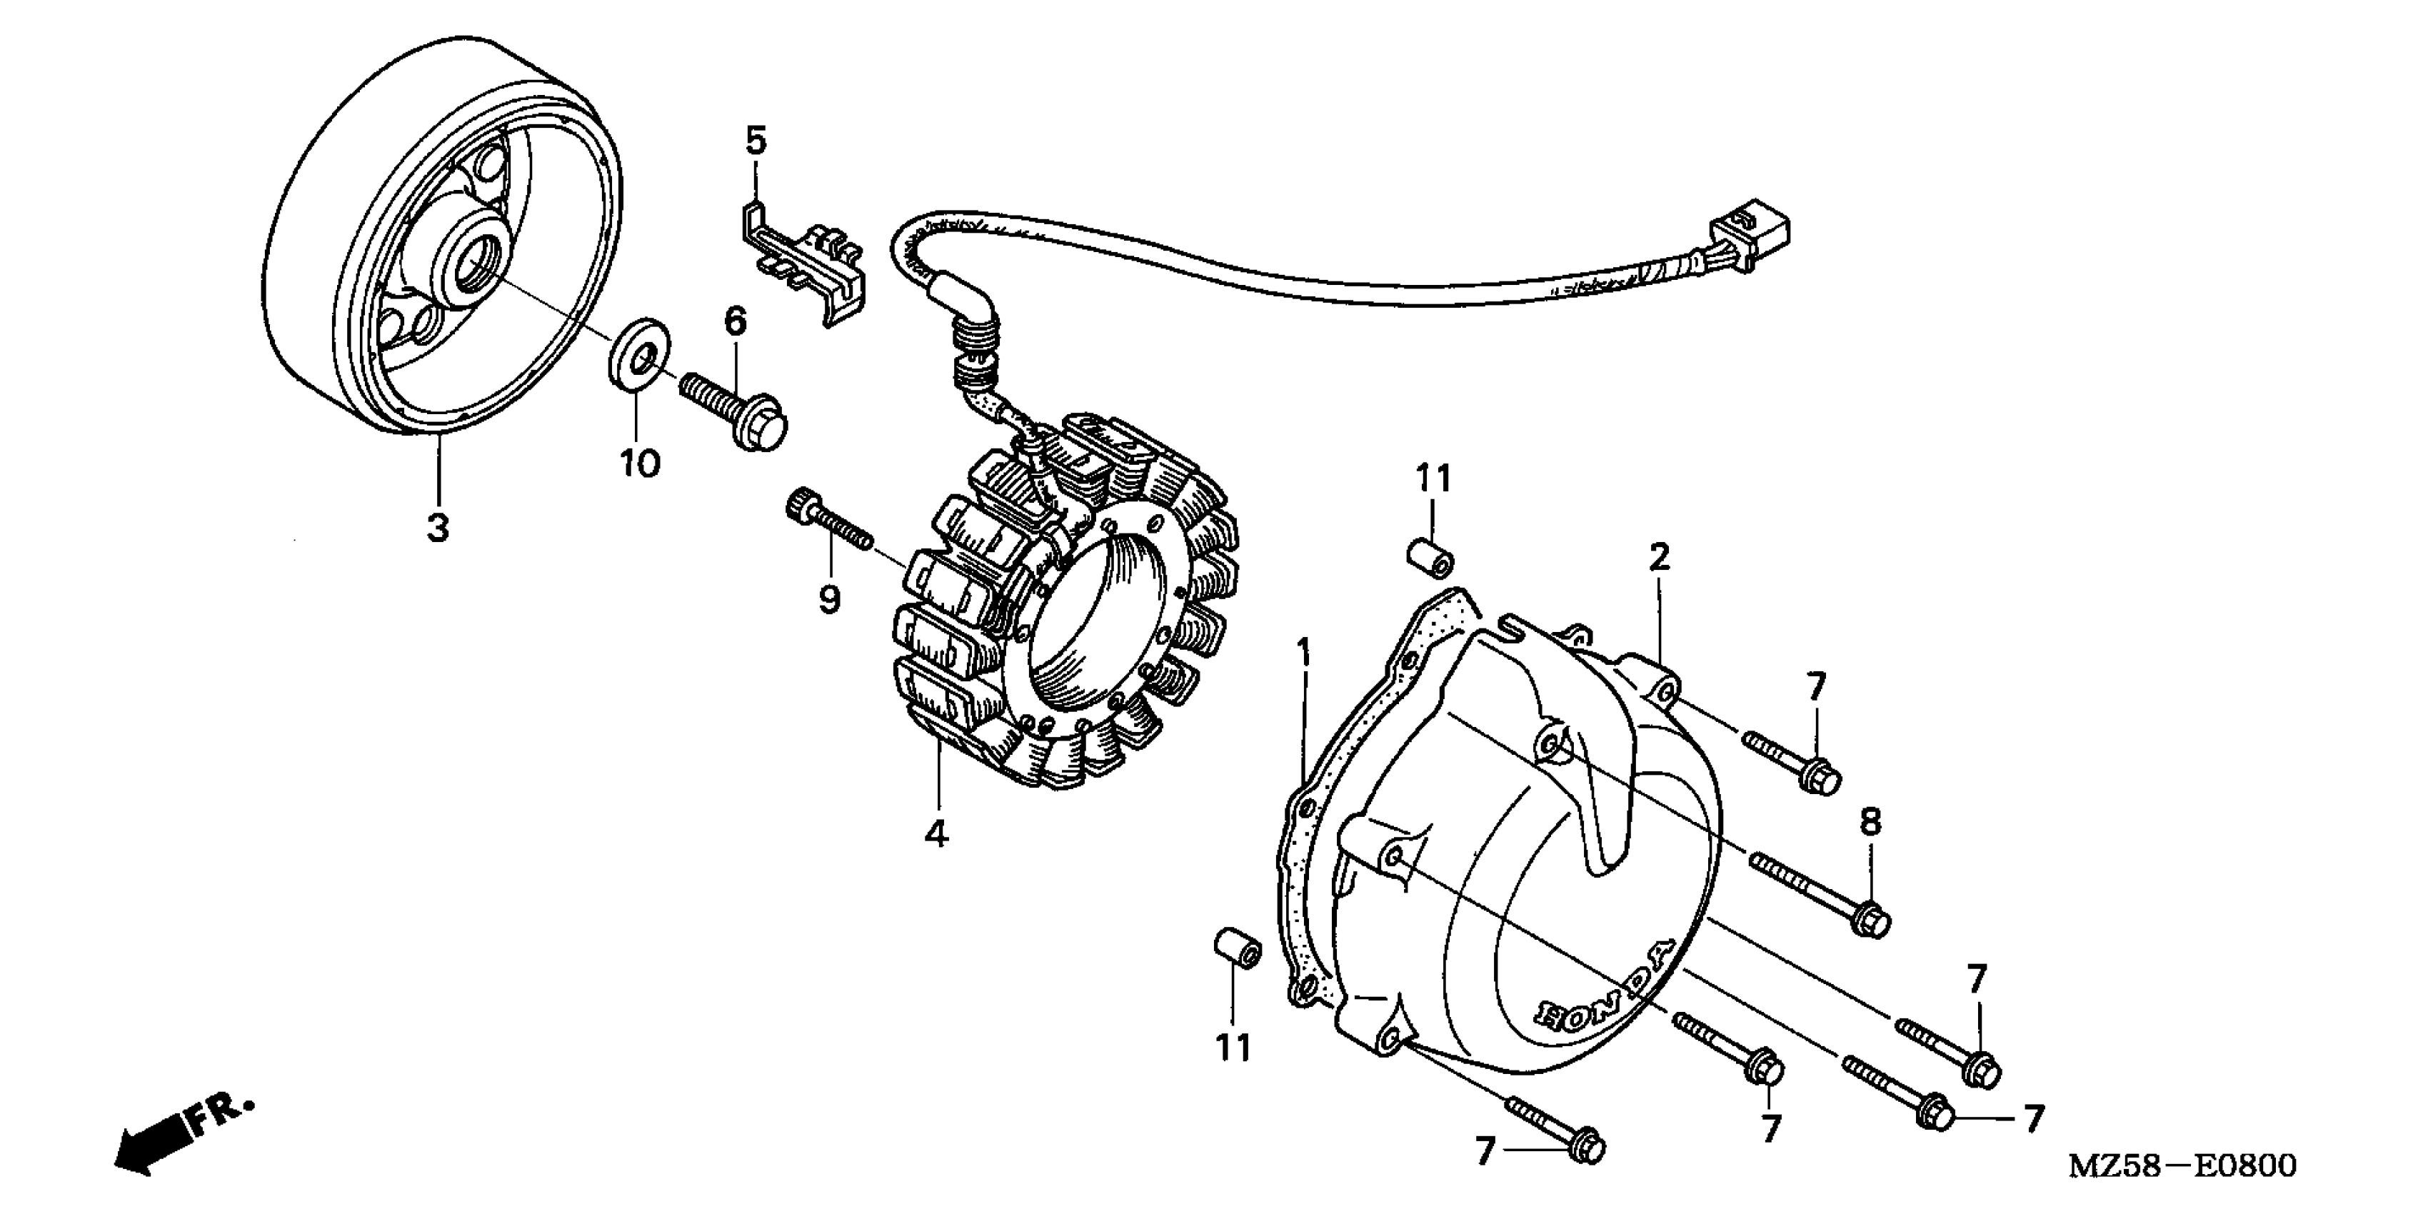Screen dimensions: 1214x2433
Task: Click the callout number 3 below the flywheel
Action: (437, 527)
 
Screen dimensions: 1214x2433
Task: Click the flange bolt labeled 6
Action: (737, 413)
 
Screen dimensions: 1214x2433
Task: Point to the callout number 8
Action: (1870, 823)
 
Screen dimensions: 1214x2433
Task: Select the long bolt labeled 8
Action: (1819, 892)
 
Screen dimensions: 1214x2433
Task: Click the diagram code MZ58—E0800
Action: (2182, 1165)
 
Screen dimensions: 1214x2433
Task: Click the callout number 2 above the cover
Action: (1660, 558)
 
